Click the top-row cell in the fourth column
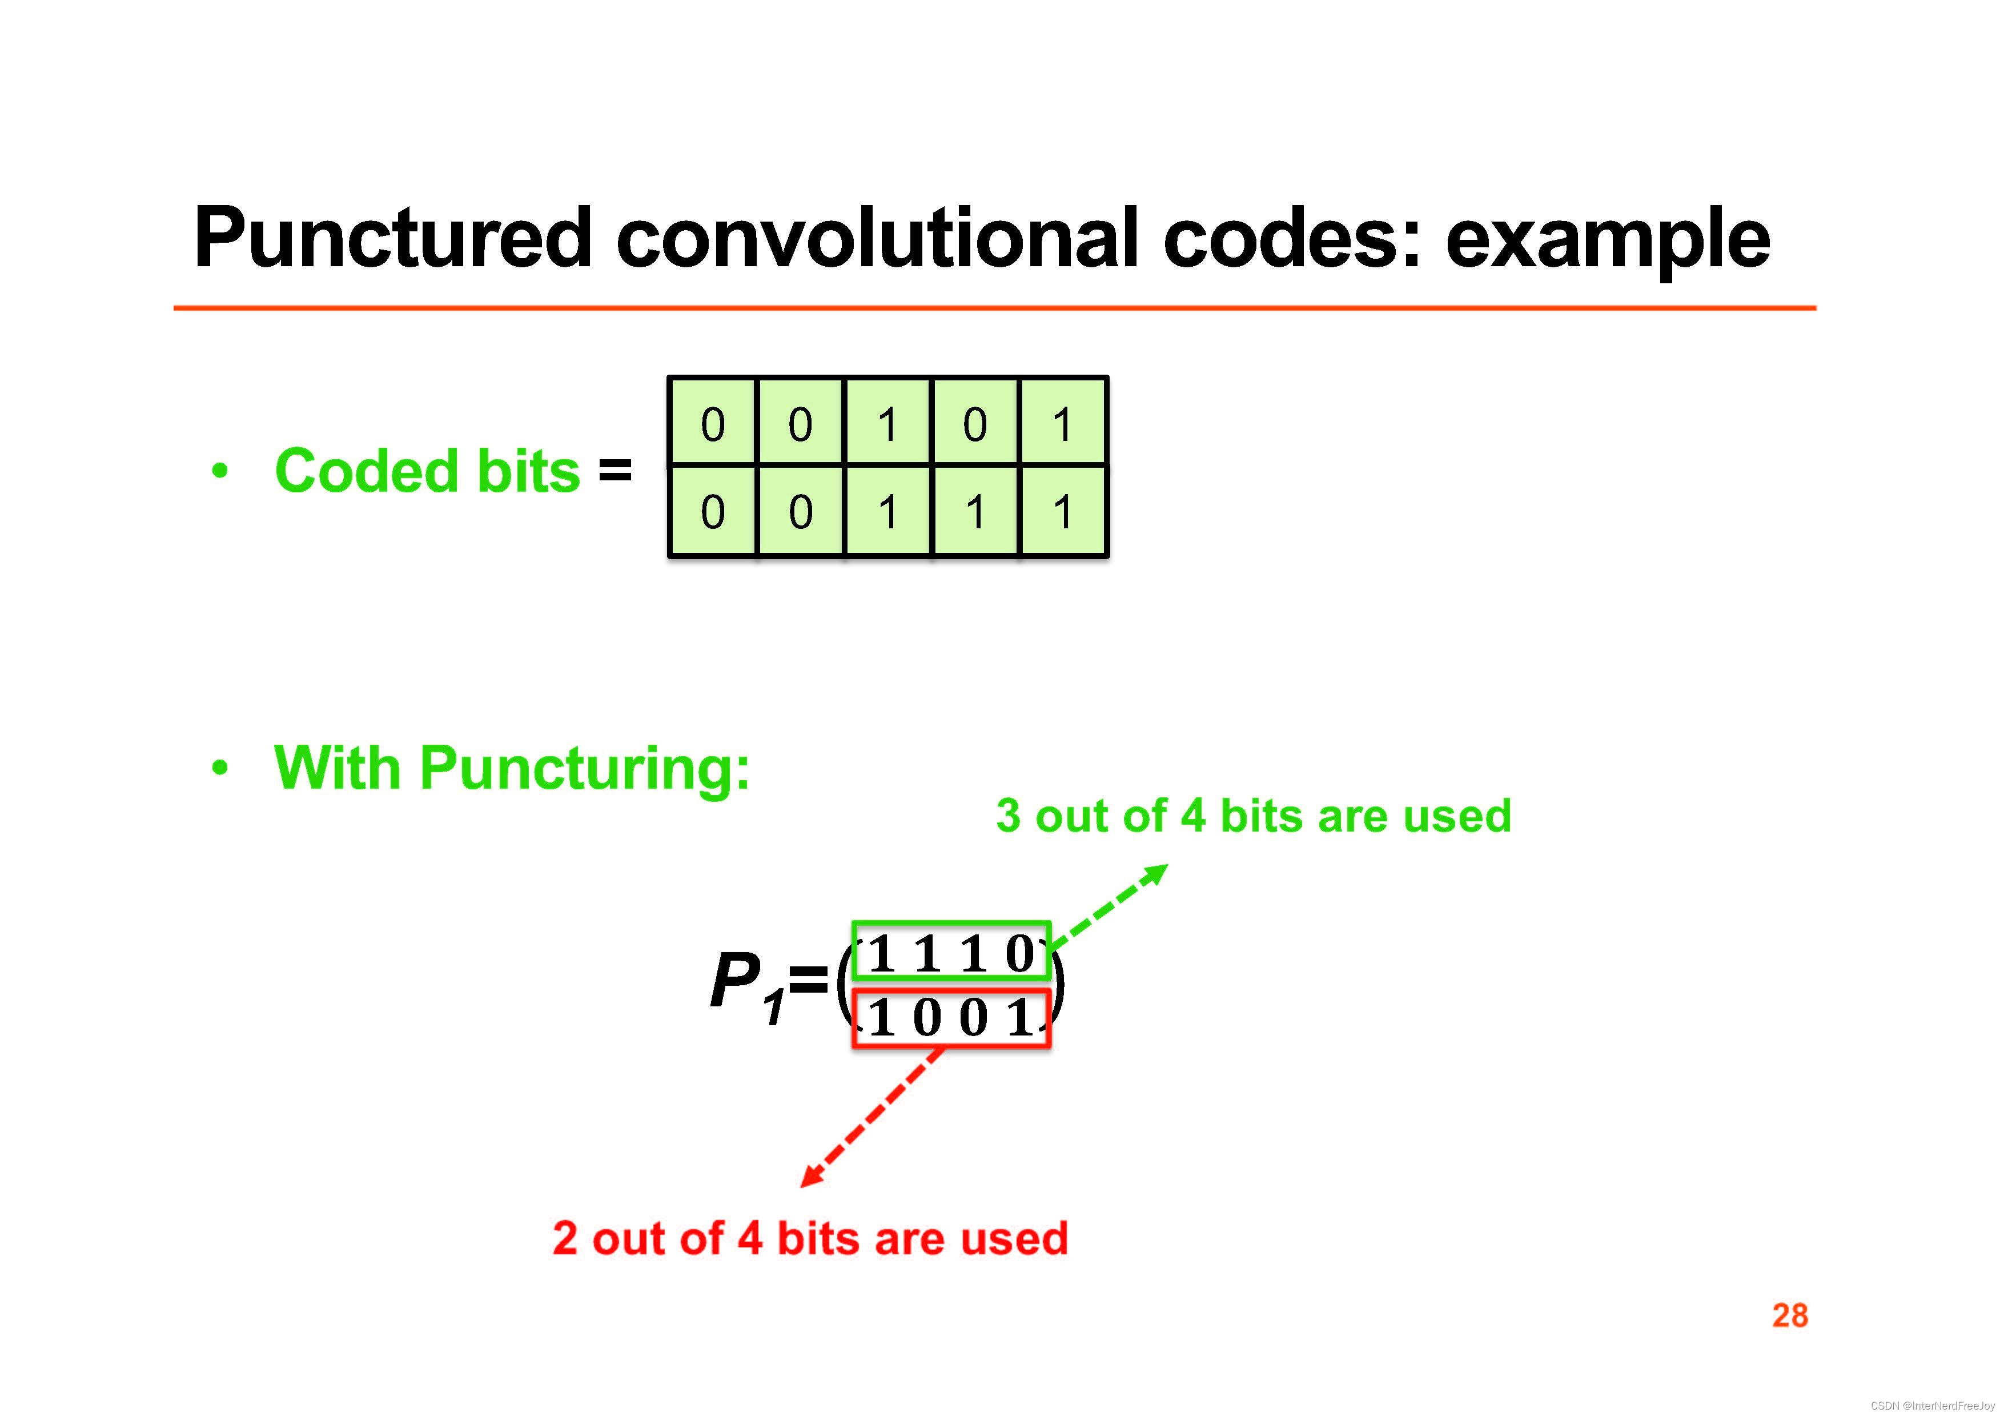(x=975, y=423)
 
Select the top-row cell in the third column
(x=887, y=423)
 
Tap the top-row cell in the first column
(x=712, y=423)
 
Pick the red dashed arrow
(x=873, y=1118)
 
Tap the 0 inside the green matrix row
(x=1019, y=953)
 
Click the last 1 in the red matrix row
(x=1019, y=1018)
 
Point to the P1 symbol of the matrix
(x=747, y=985)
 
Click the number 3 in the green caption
(x=1008, y=816)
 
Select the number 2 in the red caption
(x=565, y=1238)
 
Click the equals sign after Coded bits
(x=615, y=471)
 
